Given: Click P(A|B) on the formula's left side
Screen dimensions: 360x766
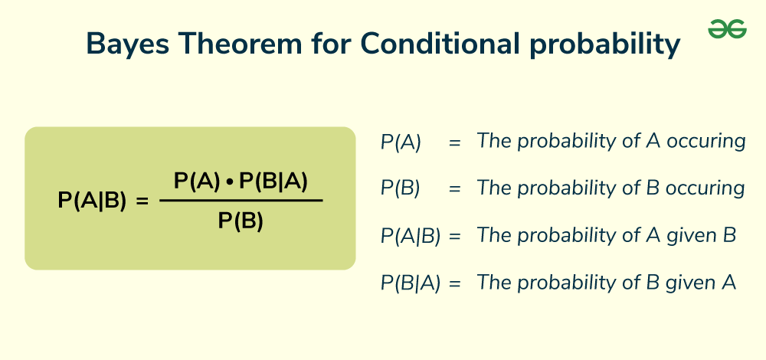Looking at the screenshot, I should click(x=92, y=201).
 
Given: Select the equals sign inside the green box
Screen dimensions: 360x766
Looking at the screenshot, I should click(x=141, y=201).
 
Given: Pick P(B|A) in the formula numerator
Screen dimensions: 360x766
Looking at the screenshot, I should click(x=273, y=181).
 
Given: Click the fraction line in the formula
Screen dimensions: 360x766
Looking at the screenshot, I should click(x=241, y=201).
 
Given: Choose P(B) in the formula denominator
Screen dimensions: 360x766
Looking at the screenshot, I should click(x=241, y=221).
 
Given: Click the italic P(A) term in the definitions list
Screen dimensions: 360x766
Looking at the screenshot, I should click(x=401, y=142).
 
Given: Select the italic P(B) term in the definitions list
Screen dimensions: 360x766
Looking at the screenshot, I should click(x=400, y=189).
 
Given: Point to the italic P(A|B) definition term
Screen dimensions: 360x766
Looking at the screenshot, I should click(x=410, y=237).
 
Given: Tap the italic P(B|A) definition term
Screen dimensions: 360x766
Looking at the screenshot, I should click(x=410, y=283).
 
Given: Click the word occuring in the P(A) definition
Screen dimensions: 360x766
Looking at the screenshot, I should click(x=706, y=141).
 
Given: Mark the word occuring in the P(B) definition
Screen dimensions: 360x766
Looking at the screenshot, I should click(x=705, y=188).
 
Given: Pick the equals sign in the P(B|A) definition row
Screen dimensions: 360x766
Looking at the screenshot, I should click(x=455, y=283).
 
